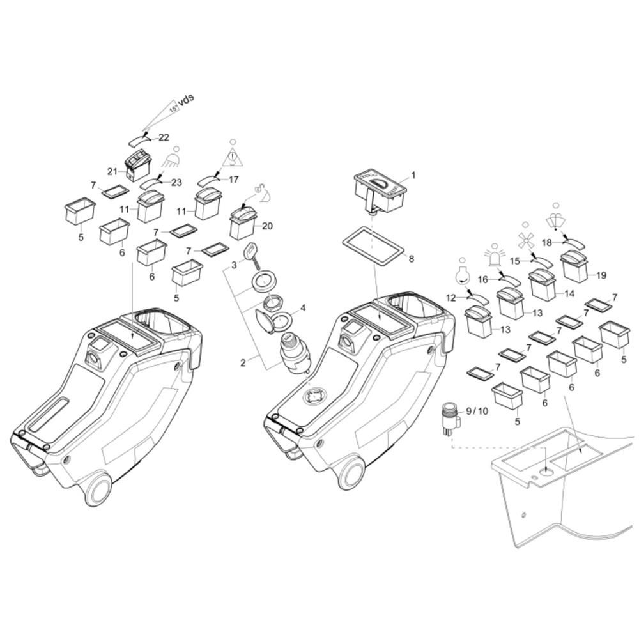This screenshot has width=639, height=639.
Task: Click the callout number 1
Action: click(x=413, y=175)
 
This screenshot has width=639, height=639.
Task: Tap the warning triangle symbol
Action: click(x=233, y=157)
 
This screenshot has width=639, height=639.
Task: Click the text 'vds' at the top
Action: click(x=186, y=100)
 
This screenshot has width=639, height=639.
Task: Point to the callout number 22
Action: click(x=164, y=137)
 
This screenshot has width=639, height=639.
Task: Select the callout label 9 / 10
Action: click(x=477, y=411)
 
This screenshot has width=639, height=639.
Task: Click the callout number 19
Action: click(x=601, y=275)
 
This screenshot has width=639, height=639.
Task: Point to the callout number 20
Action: click(x=267, y=226)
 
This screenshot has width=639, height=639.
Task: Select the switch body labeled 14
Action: click(x=543, y=285)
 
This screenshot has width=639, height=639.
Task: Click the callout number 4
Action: click(x=303, y=308)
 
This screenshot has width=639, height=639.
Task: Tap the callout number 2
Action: click(x=243, y=363)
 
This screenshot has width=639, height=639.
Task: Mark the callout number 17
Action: click(x=233, y=180)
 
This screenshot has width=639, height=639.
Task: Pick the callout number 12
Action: click(x=450, y=298)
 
